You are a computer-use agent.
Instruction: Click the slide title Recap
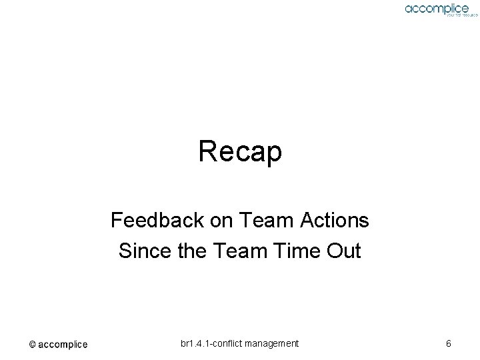[240, 152]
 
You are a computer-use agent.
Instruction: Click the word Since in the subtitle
[139, 251]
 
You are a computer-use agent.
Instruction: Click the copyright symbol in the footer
[32, 345]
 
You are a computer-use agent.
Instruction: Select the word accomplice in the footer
[63, 345]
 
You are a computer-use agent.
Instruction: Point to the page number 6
[449, 344]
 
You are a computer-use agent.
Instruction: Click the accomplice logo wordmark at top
[436, 8]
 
